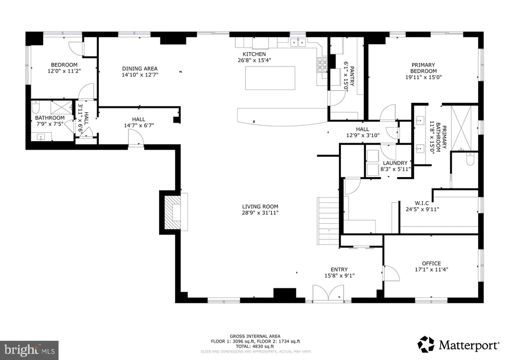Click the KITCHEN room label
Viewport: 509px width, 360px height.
pos(254,54)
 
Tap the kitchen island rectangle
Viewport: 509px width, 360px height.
pos(270,78)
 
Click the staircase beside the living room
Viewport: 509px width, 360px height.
pos(328,221)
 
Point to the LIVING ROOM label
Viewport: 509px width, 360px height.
pos(260,206)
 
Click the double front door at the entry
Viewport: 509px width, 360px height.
pos(328,293)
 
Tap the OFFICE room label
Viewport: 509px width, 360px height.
pos(431,264)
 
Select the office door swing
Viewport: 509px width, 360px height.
pos(391,272)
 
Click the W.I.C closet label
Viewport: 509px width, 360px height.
pos(422,203)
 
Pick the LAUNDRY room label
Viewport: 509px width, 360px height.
pos(395,163)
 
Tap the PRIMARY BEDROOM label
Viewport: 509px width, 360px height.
pos(424,68)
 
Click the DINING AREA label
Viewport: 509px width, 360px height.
pos(140,69)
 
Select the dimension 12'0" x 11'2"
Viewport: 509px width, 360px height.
pos(64,71)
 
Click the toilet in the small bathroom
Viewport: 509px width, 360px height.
pos(36,107)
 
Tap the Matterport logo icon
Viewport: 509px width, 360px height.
pos(426,344)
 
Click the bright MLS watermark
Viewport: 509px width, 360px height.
pos(29,350)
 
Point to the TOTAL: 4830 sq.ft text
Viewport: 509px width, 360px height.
pos(255,347)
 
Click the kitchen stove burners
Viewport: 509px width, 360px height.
pos(322,64)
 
